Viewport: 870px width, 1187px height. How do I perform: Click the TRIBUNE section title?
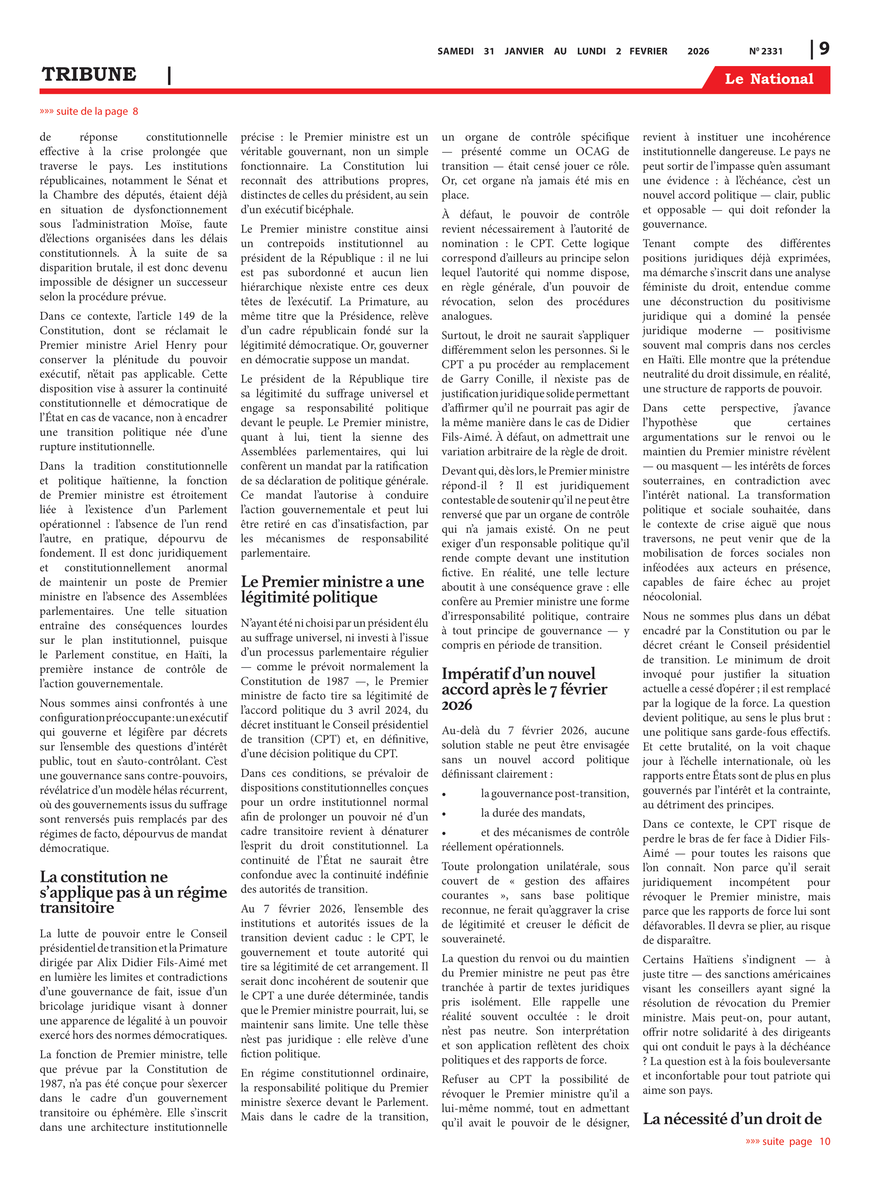tap(89, 74)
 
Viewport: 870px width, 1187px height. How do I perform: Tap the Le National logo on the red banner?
tap(768, 79)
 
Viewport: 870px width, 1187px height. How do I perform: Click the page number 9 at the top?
tap(824, 49)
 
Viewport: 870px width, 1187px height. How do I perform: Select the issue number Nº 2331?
tap(765, 51)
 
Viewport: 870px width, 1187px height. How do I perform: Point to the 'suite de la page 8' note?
tap(89, 111)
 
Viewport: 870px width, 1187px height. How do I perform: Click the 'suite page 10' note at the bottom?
tap(788, 1141)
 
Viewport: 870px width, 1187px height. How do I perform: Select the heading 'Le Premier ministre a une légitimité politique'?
tap(332, 589)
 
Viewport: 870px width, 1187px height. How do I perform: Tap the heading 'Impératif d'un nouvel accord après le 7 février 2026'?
tap(524, 688)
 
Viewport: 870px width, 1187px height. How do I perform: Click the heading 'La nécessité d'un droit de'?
tap(732, 1119)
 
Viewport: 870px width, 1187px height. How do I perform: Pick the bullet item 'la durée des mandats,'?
tap(532, 813)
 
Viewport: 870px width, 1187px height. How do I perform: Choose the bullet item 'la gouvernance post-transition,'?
tap(554, 793)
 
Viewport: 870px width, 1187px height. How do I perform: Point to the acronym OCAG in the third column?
tap(592, 151)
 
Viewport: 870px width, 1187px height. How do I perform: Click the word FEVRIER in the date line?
tap(648, 51)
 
